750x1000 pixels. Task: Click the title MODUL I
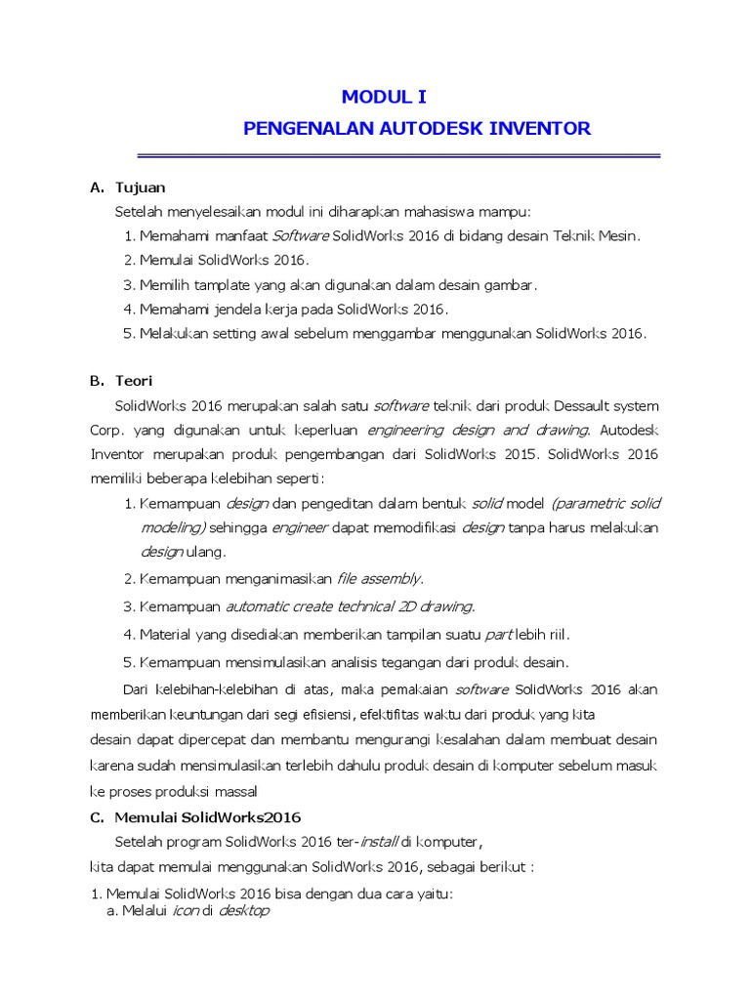pyautogui.click(x=384, y=97)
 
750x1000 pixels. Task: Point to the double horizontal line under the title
pyautogui.click(x=398, y=156)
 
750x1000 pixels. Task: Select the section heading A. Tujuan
pyautogui.click(x=128, y=187)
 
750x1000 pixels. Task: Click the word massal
pyautogui.click(x=239, y=790)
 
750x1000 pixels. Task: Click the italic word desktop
pyautogui.click(x=242, y=911)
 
